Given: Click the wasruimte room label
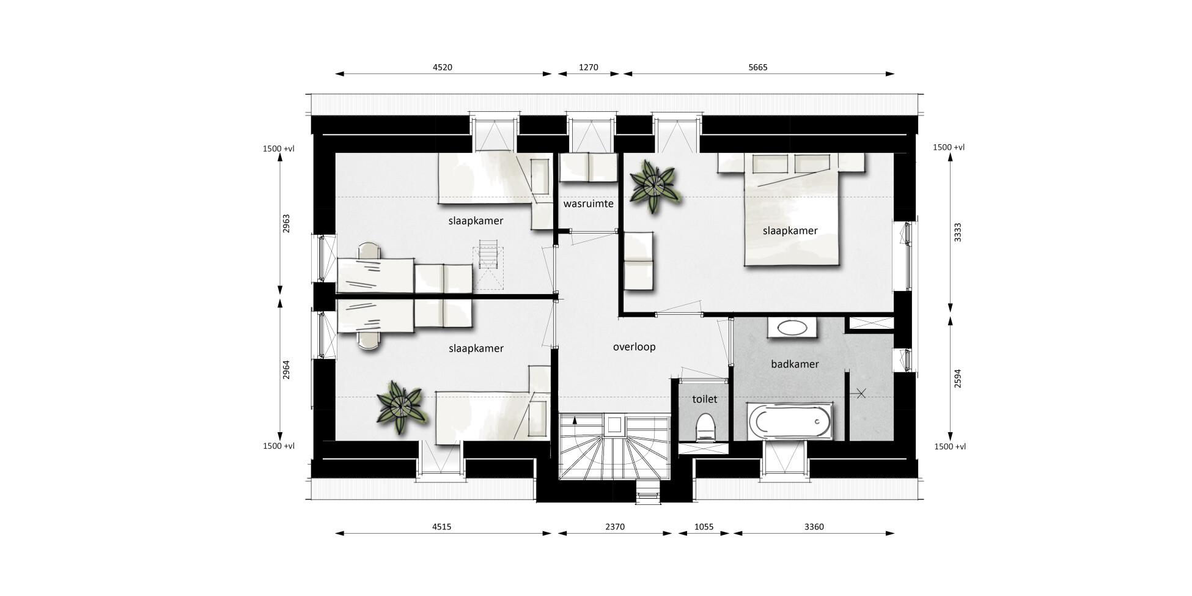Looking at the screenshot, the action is pos(588,204).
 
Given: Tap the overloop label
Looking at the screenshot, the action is pos(634,347).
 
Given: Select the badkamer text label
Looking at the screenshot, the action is pos(795,364).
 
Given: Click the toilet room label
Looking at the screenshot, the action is pos(704,399).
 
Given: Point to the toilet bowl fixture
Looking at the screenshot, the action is pos(705,427).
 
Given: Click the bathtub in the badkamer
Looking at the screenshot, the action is pos(790,422).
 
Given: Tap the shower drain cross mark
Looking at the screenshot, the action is pos(861,394).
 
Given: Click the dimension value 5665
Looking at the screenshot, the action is pos(757,67).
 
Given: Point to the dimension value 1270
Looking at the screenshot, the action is pos(588,67).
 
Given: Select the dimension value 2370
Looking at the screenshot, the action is pos(614,527).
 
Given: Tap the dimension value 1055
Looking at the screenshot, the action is pos(704,527).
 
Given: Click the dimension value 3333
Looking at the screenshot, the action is pos(958,232).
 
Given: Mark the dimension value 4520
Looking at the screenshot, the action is pos(442,67).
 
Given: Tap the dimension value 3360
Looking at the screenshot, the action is pos(814,527).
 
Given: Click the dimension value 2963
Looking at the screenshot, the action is pos(286,224).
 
